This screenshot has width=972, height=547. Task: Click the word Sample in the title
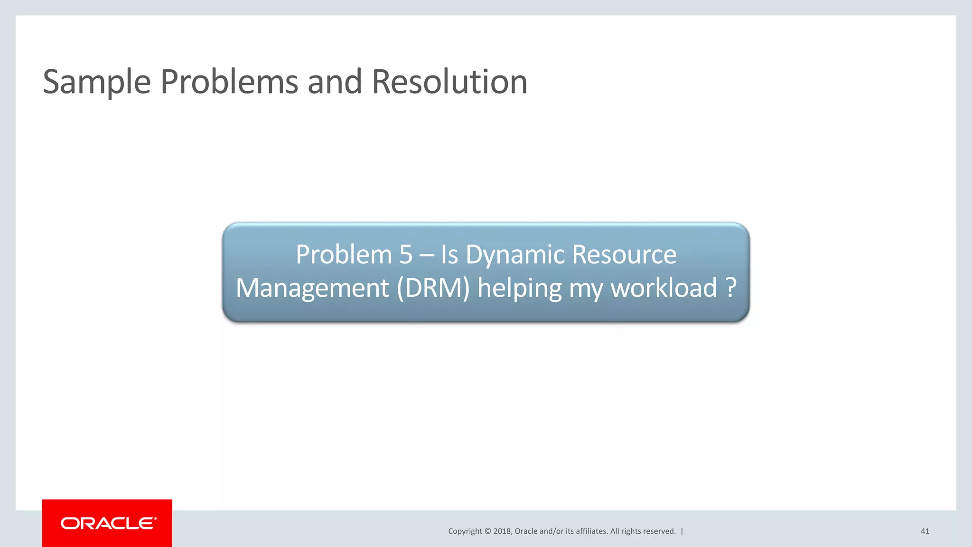pyautogui.click(x=97, y=82)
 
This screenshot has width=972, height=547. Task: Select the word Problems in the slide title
pyautogui.click(x=230, y=82)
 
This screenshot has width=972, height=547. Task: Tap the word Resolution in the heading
pyautogui.click(x=449, y=82)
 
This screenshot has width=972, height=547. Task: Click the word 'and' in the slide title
pyautogui.click(x=335, y=82)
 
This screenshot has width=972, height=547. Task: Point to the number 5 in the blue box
pyautogui.click(x=406, y=255)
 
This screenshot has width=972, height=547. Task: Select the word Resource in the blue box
pyautogui.click(x=624, y=255)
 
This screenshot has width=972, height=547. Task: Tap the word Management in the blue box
pyautogui.click(x=312, y=288)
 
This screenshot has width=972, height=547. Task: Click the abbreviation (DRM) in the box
pyautogui.click(x=433, y=288)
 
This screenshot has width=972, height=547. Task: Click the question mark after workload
pyautogui.click(x=731, y=288)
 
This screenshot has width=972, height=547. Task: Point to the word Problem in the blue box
pyautogui.click(x=344, y=255)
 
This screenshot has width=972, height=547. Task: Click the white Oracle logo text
pyautogui.click(x=108, y=523)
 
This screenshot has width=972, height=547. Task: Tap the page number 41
pyautogui.click(x=925, y=531)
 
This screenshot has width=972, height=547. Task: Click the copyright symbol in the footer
pyautogui.click(x=487, y=531)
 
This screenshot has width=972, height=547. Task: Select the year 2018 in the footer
pyautogui.click(x=502, y=531)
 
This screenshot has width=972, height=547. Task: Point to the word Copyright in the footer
pyautogui.click(x=465, y=531)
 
